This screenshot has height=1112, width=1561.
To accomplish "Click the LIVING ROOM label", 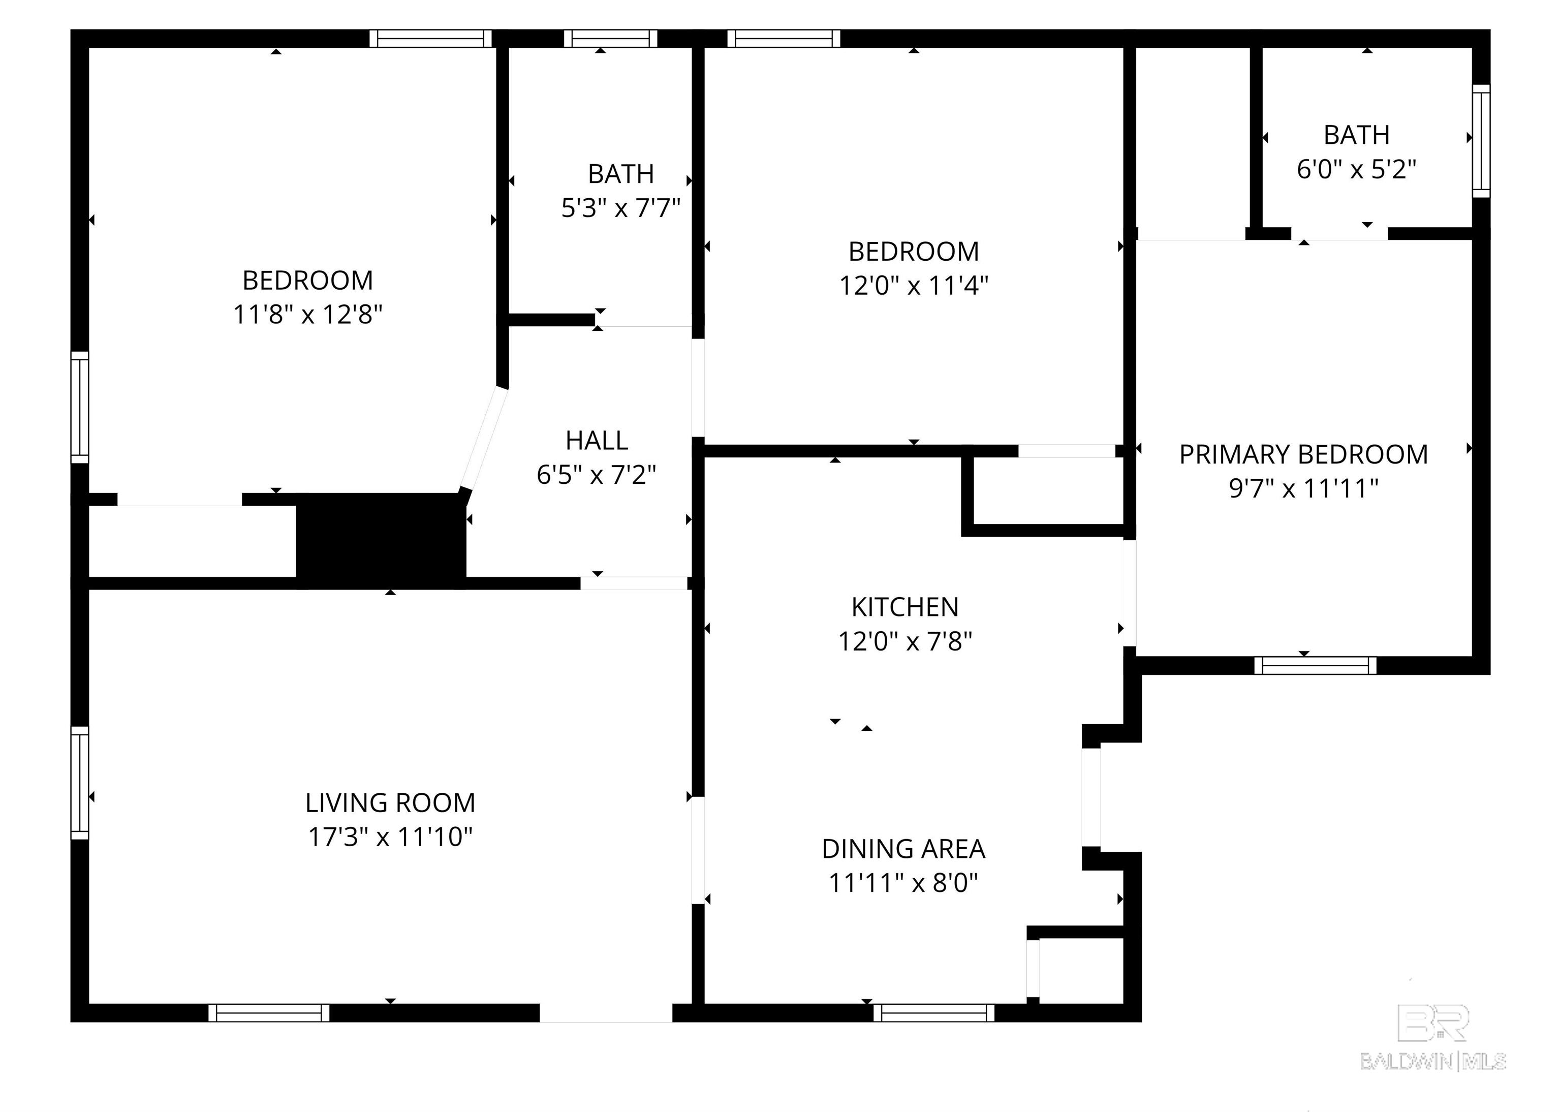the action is tap(390, 802).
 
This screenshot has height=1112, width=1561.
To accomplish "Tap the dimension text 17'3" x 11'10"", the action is tap(390, 837).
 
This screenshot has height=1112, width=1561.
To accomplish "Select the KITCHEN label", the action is tap(905, 607).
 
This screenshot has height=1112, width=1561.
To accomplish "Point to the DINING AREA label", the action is tap(904, 849).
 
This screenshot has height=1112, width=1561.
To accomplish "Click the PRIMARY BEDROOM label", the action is tap(1303, 455).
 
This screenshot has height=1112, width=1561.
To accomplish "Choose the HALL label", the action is tap(597, 440).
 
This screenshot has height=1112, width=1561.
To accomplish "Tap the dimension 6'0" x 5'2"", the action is tap(1356, 169).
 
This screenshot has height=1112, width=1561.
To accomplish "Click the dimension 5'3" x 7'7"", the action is tap(621, 207).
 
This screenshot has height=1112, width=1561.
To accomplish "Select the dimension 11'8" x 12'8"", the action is tap(308, 314).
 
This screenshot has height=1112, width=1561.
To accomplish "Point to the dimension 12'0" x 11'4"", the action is tap(914, 285).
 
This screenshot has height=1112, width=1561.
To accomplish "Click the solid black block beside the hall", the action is tap(381, 541).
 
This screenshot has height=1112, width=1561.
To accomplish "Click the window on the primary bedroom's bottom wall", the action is tap(1315, 665).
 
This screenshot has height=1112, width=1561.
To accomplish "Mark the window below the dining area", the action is tap(934, 1013).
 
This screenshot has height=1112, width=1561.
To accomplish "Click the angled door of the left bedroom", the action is tap(483, 438).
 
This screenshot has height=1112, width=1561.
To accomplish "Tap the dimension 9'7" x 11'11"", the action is tap(1303, 489).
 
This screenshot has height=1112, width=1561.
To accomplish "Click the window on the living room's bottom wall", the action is tap(269, 1013).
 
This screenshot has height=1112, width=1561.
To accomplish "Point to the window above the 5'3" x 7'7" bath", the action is tap(611, 38).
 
